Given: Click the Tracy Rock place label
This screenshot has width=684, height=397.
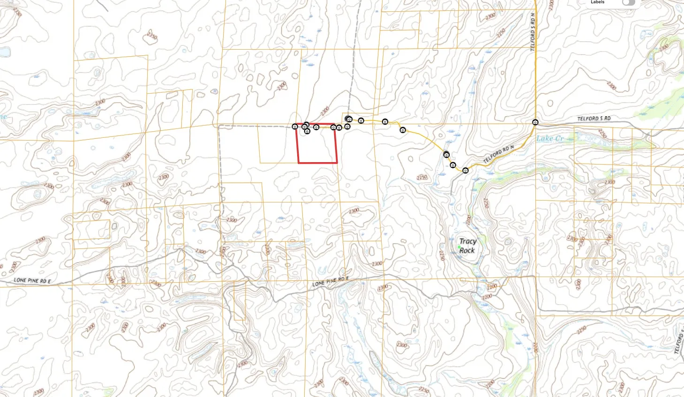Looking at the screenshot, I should (x=467, y=246).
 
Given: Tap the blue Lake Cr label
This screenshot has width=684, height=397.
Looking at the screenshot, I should (x=549, y=139).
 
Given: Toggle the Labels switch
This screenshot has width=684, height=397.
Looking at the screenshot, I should (x=628, y=2).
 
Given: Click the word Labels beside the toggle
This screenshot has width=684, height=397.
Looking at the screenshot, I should (x=597, y=2).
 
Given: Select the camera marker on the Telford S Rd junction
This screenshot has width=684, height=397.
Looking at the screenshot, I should (x=535, y=122).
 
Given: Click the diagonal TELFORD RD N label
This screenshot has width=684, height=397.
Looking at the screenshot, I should (x=498, y=154).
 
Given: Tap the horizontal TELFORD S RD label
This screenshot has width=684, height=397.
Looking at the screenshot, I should (x=594, y=119).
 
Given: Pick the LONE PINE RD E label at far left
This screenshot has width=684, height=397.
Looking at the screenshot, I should (x=32, y=280).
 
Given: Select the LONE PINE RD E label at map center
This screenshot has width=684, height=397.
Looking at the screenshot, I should (x=331, y=282).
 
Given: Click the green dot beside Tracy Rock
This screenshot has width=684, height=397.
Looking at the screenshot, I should (x=459, y=247).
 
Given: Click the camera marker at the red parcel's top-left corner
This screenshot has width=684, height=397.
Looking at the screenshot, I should (x=295, y=127).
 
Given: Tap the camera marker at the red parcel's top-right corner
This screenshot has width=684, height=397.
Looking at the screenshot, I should (x=333, y=127).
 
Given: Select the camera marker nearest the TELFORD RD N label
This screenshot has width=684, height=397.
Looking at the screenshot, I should (x=466, y=171).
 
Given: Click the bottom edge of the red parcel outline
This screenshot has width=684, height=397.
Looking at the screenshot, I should (x=318, y=163).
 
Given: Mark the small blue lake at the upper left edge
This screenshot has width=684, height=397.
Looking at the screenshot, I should (x=4, y=52).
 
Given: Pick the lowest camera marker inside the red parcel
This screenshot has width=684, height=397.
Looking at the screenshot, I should (x=307, y=131).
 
